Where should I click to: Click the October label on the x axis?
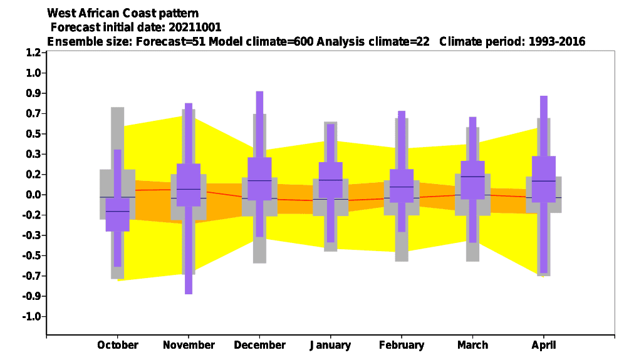click(x=118, y=345)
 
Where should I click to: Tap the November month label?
click(x=189, y=345)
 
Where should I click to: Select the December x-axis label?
click(x=259, y=345)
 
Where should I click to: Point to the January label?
click(x=330, y=345)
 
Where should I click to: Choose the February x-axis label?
click(x=402, y=345)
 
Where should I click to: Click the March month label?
click(x=473, y=345)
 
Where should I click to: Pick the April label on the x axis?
click(x=544, y=345)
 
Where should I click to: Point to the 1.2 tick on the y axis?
click(x=33, y=53)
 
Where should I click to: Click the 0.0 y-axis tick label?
click(x=33, y=195)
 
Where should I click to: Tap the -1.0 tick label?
click(x=32, y=316)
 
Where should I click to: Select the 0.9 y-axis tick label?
click(x=33, y=93)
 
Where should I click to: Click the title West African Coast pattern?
click(x=123, y=13)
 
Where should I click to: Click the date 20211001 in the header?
click(x=195, y=27)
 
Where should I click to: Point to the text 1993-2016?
click(x=557, y=41)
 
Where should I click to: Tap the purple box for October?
click(x=117, y=214)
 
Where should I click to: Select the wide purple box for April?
click(x=544, y=179)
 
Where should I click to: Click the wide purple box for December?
click(x=259, y=178)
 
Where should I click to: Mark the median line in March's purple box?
click(x=473, y=177)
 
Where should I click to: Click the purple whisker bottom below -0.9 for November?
click(x=189, y=294)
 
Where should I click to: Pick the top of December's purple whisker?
click(x=259, y=92)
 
